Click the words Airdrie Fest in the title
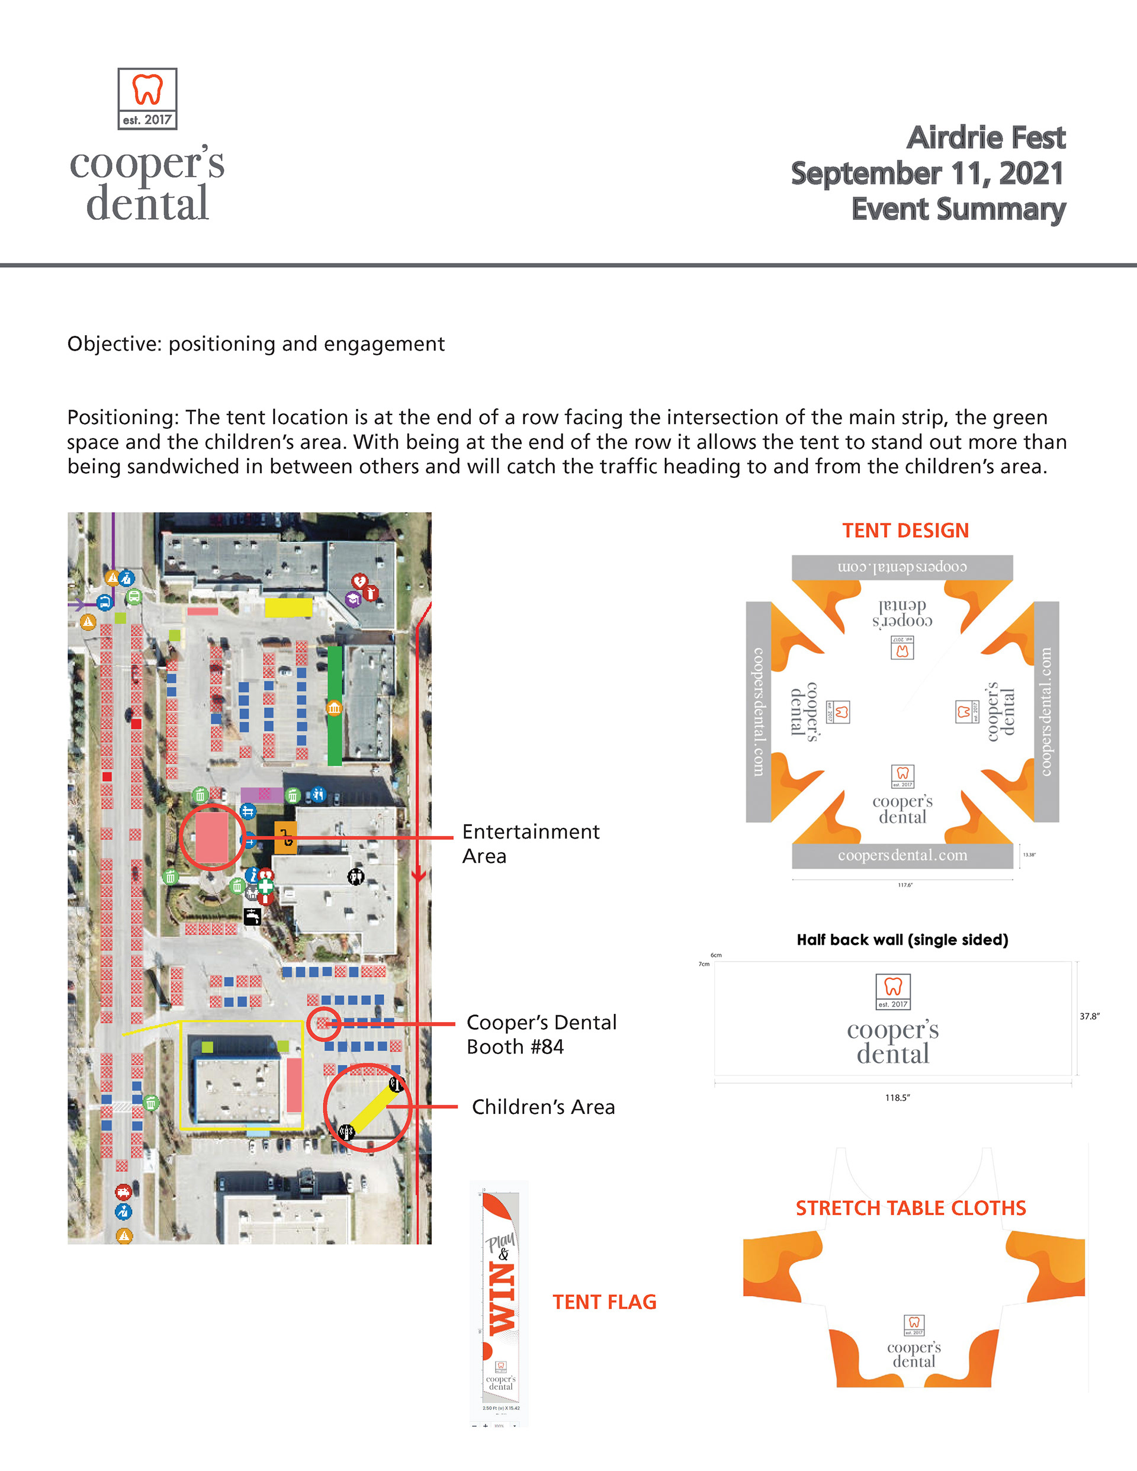coord(985,138)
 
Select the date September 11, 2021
coord(927,174)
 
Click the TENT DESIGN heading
coord(905,531)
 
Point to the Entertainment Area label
coord(530,843)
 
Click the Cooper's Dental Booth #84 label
coord(541,1035)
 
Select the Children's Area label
coord(543,1107)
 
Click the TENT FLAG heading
coord(604,1302)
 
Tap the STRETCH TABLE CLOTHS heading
coord(911,1208)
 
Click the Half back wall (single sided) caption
coord(902,940)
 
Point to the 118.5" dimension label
coord(897,1098)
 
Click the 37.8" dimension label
coord(1089,1016)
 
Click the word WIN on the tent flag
coord(502,1299)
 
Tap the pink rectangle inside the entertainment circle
coord(211,837)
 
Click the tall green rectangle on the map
coord(334,705)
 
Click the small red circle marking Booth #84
coord(324,1024)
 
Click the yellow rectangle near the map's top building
coord(288,607)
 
